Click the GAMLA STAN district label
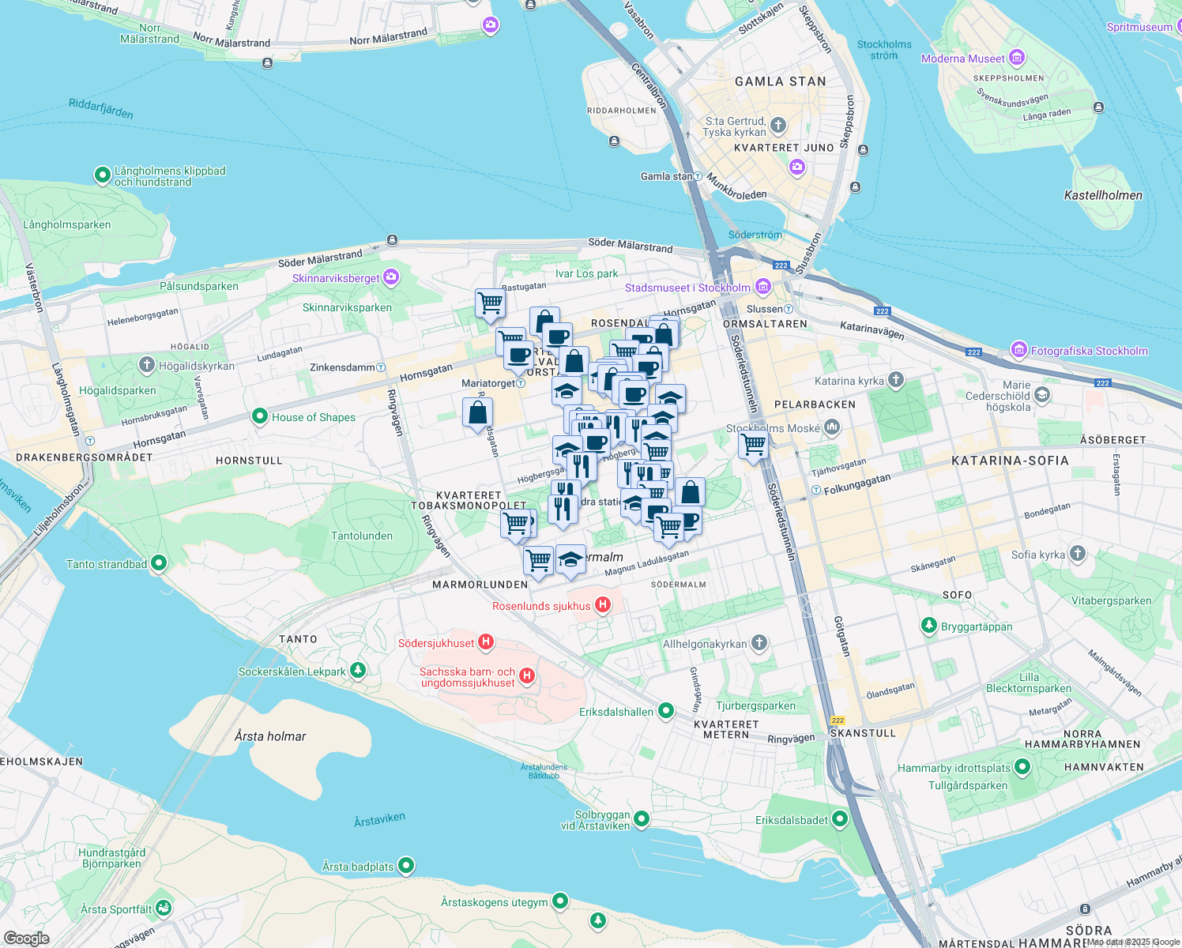coord(780,81)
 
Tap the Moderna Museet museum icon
coord(1017,58)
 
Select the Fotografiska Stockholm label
coord(1089,351)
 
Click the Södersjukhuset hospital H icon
coord(487,642)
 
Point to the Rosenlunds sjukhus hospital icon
coord(603,605)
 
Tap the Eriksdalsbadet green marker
coord(839,819)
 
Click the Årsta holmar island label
coord(270,736)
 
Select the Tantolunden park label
coord(362,536)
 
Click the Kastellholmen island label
coord(1103,195)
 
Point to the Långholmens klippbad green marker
coord(102,175)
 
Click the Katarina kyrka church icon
coord(895,380)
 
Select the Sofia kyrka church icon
coord(1078,554)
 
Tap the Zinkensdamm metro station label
coord(343,367)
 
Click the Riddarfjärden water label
coord(100,108)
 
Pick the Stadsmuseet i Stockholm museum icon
coord(762,287)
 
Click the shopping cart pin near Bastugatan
coord(490,303)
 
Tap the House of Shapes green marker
coord(259,416)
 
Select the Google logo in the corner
coord(26,938)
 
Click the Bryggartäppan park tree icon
coord(929,626)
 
